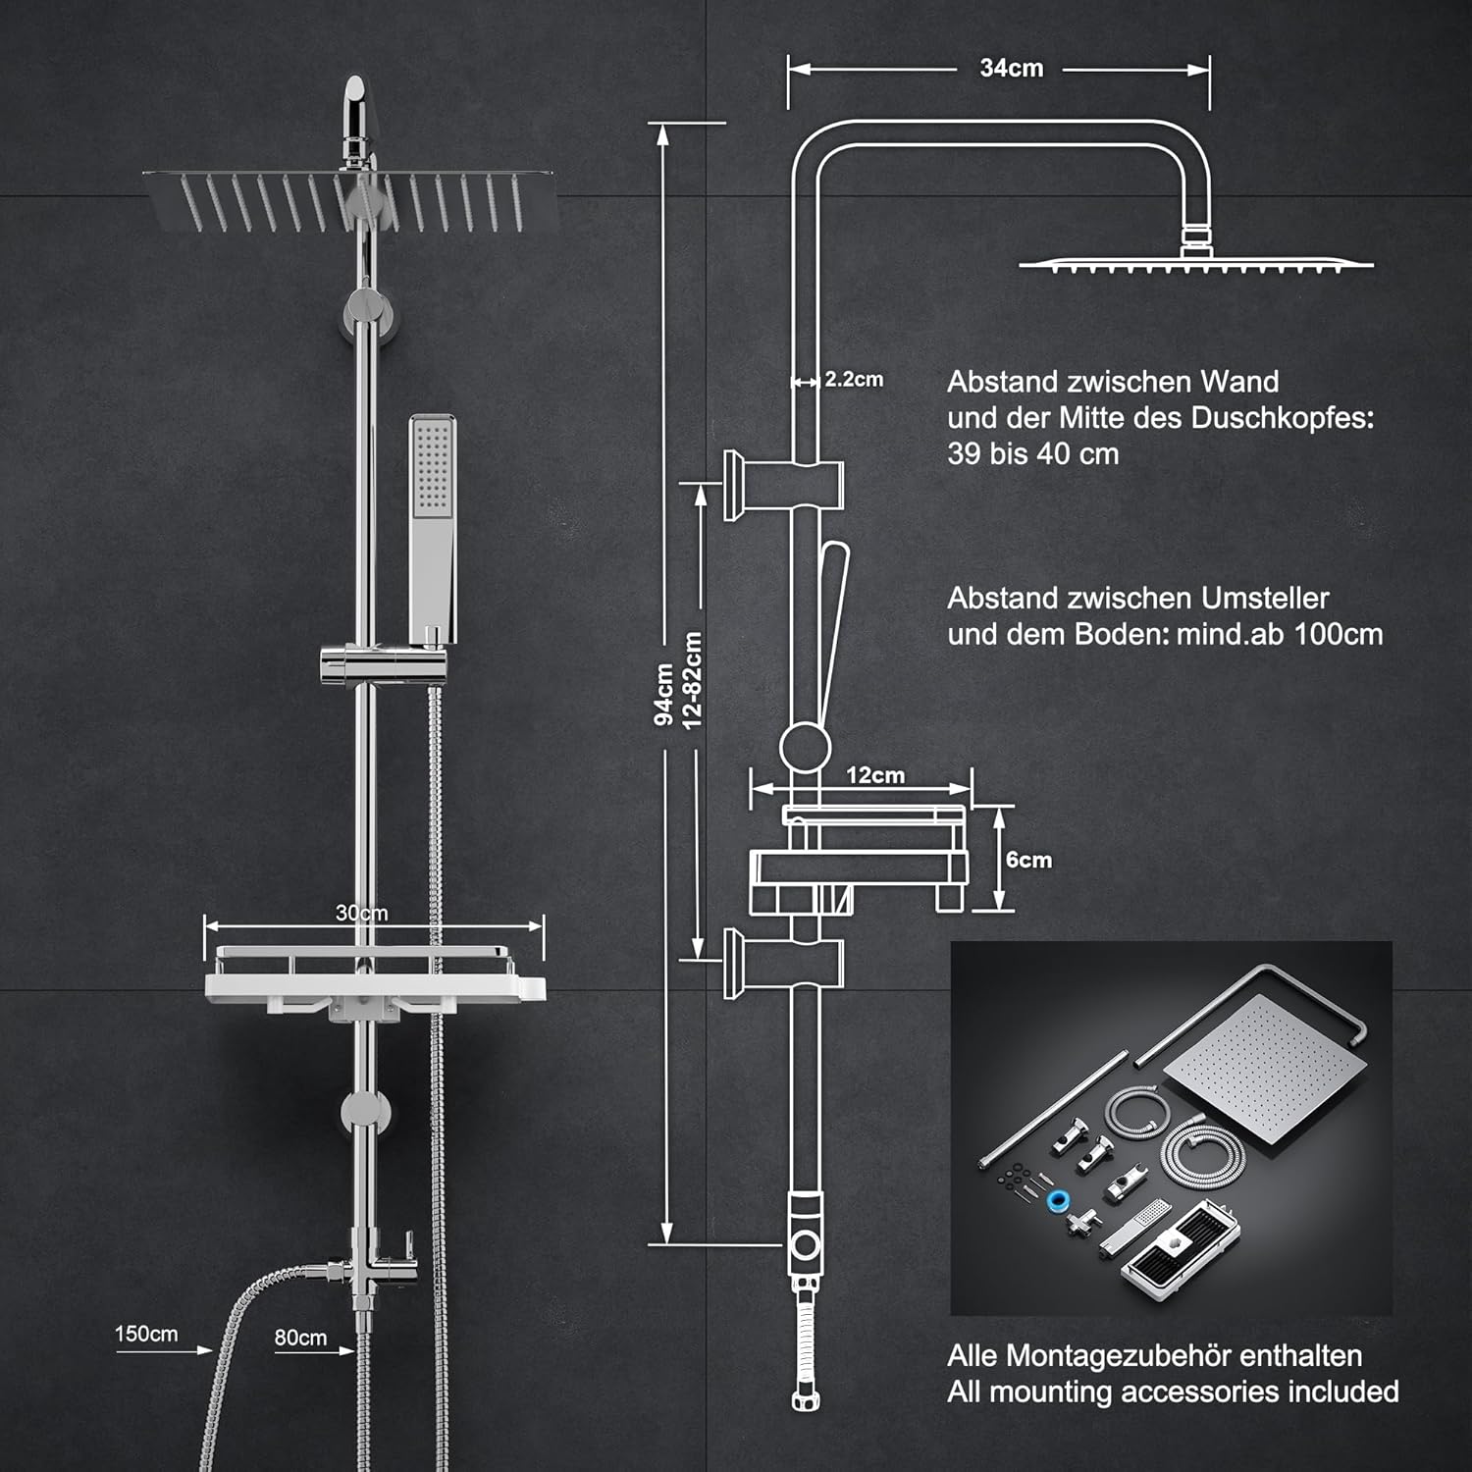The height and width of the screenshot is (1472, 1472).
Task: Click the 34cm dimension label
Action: point(1011,69)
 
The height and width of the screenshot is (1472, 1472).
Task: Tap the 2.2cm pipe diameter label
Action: point(854,380)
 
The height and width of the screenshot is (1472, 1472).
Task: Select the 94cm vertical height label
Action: point(664,694)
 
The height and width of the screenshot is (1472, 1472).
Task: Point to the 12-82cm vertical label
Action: point(693,680)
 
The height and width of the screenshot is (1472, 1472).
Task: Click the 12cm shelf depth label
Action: point(875,775)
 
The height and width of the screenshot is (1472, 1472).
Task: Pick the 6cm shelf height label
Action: point(1028,860)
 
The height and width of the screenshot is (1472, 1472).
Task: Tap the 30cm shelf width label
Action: point(361,913)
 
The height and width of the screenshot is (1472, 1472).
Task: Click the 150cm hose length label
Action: point(146,1334)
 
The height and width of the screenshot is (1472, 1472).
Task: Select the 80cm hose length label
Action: point(300,1338)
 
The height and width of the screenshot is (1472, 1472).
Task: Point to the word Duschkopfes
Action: point(1283,418)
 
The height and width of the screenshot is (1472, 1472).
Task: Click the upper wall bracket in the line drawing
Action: point(782,484)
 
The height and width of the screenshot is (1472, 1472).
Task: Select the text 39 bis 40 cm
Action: point(1032,454)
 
